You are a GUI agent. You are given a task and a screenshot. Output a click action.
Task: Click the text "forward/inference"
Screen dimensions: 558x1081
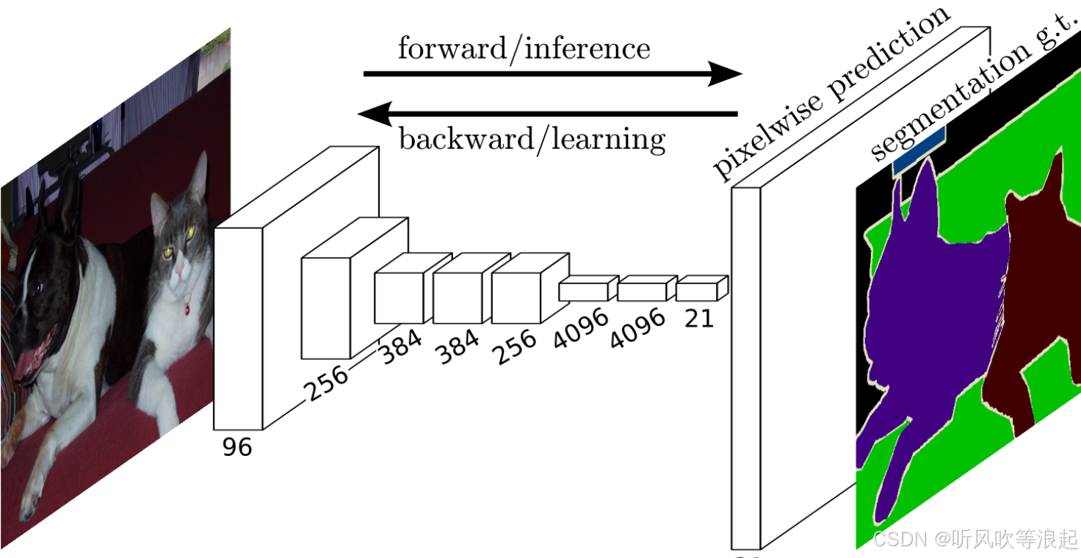pyautogui.click(x=524, y=48)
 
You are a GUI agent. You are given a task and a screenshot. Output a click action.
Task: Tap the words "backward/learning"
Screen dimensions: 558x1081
pyautogui.click(x=532, y=138)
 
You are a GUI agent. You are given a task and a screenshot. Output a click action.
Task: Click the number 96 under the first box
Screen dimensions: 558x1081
pyautogui.click(x=237, y=446)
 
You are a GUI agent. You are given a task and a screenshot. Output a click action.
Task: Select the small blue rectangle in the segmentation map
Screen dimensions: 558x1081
pyautogui.click(x=919, y=151)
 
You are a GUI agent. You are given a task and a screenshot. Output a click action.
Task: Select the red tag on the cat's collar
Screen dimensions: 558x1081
pyautogui.click(x=187, y=311)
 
